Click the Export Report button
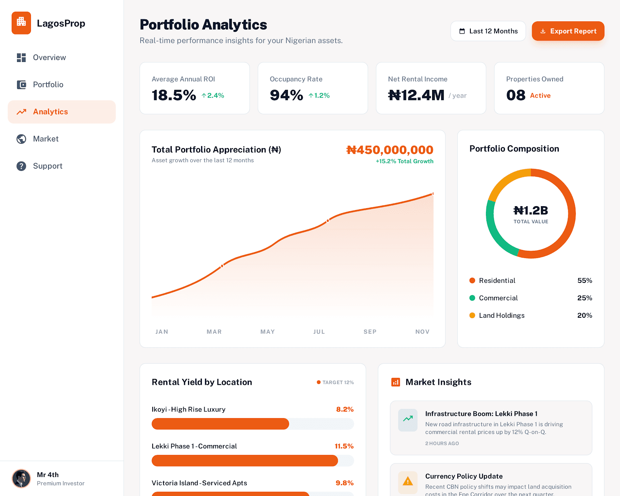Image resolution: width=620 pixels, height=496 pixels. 568,31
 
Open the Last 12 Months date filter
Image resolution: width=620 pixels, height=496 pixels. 488,31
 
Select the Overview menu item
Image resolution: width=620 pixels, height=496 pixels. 49,57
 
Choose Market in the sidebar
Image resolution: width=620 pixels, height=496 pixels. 45,139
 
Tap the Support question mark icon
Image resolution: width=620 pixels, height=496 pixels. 21,166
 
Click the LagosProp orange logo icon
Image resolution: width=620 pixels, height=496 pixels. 21,23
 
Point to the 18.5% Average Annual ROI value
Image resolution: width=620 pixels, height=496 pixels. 174,95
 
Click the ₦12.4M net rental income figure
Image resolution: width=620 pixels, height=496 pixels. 416,95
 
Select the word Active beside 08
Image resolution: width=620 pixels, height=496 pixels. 540,95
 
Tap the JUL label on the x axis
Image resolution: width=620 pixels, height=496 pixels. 319,332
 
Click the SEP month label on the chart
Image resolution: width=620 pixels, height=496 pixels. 370,332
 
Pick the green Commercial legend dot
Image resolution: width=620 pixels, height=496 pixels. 472,298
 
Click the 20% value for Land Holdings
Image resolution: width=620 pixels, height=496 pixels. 584,315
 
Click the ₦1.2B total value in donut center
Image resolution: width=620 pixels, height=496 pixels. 530,210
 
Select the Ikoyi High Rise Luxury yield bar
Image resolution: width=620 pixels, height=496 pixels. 220,424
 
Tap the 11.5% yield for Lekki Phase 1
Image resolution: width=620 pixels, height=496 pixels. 344,446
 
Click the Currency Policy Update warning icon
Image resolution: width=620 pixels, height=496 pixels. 408,481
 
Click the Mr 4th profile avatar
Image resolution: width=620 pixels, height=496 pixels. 21,479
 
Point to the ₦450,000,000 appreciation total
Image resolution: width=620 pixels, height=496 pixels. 389,150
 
